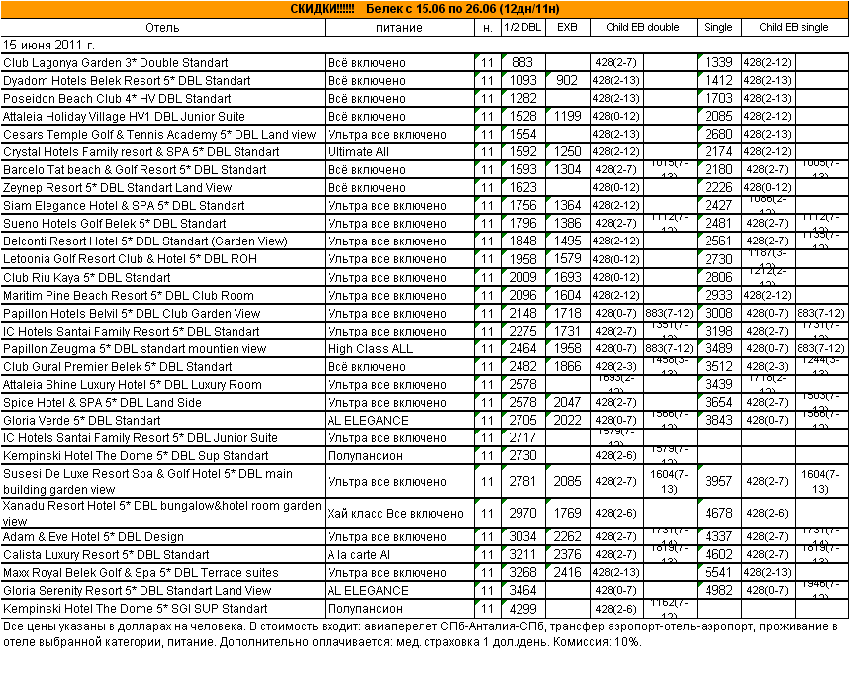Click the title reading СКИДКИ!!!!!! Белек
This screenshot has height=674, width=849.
(424, 8)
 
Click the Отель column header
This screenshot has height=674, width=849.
(162, 27)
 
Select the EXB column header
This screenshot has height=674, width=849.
(567, 27)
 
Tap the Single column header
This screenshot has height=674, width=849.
(718, 27)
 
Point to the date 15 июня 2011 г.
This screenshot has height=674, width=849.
(49, 45)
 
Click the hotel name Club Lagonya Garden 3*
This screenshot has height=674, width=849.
(116, 63)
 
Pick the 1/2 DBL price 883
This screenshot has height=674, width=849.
(522, 63)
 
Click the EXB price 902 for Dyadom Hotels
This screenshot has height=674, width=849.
(567, 80)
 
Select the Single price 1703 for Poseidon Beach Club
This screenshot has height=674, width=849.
(718, 99)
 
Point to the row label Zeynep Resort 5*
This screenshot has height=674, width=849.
(118, 188)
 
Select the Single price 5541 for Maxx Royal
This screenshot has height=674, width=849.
(718, 573)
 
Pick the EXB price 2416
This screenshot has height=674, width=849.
(567, 573)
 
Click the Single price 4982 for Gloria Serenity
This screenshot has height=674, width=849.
(718, 591)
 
